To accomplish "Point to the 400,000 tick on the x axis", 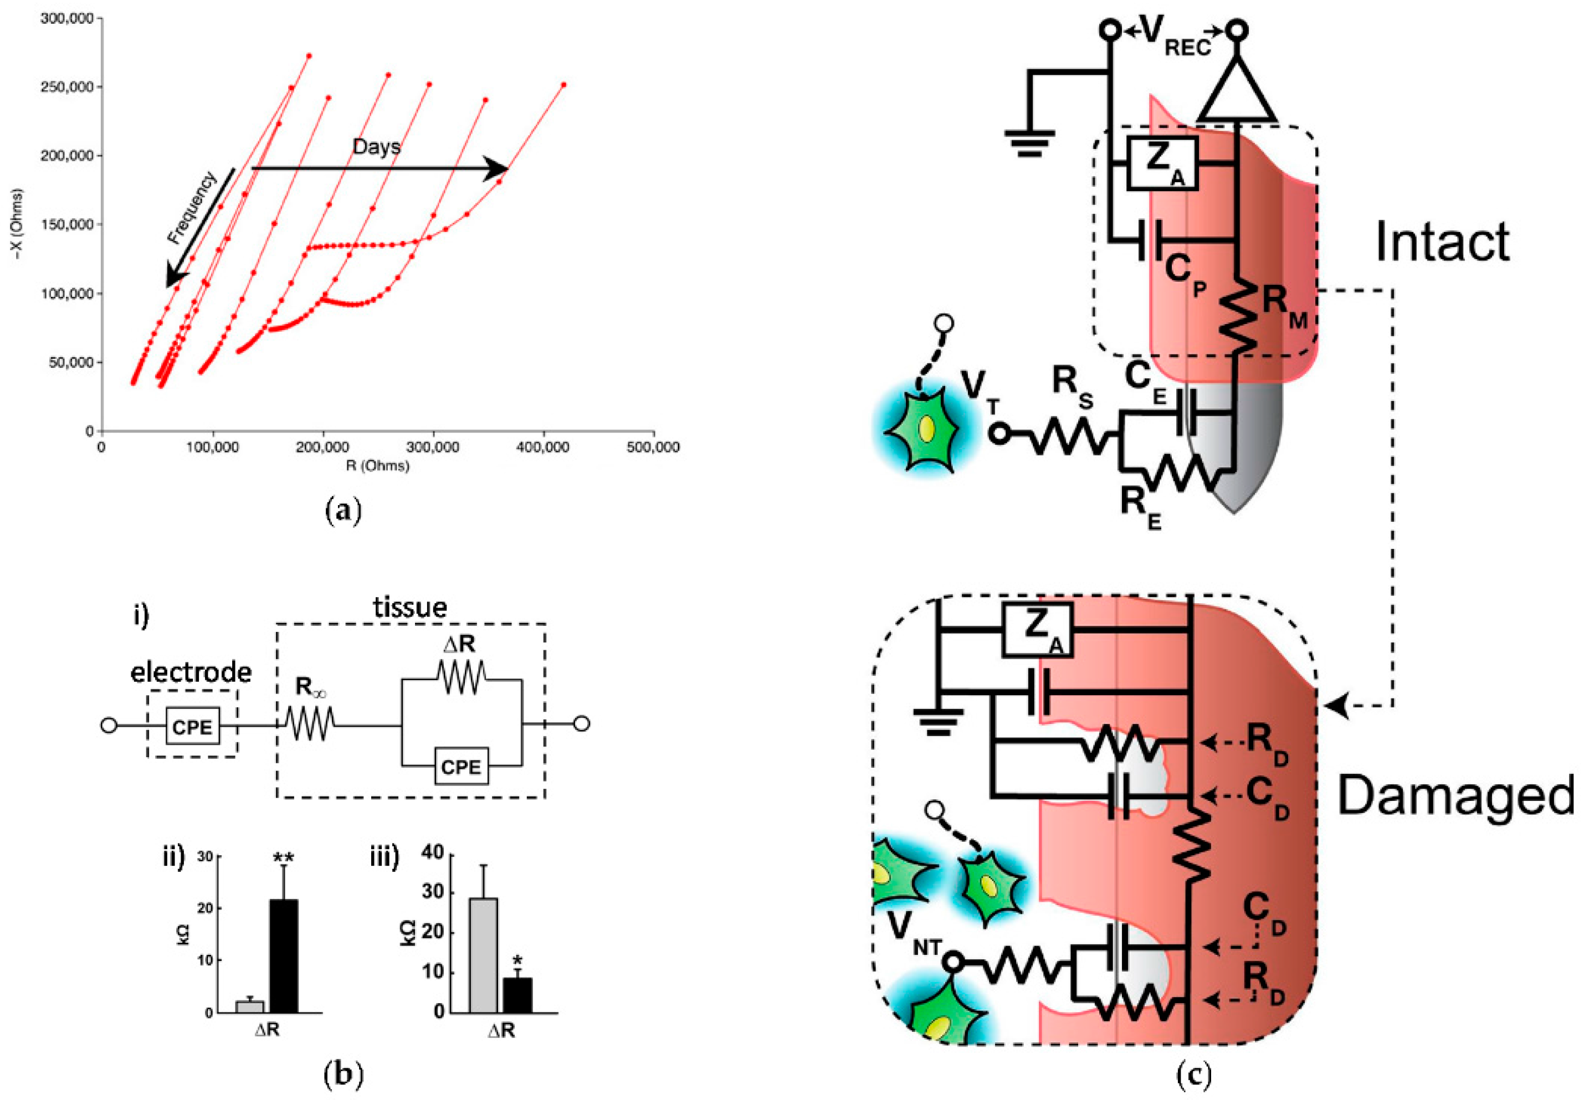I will [x=544, y=448].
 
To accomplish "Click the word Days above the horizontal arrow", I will [x=376, y=146].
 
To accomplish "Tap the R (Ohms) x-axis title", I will [x=377, y=466].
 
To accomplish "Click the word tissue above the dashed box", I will [x=409, y=607].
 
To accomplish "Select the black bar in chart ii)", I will [x=283, y=956].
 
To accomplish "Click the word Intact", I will [x=1443, y=242].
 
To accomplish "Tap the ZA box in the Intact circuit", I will [x=1162, y=163].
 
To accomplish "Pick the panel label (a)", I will [x=342, y=512].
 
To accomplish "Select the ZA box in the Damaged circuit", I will [x=1037, y=630].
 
